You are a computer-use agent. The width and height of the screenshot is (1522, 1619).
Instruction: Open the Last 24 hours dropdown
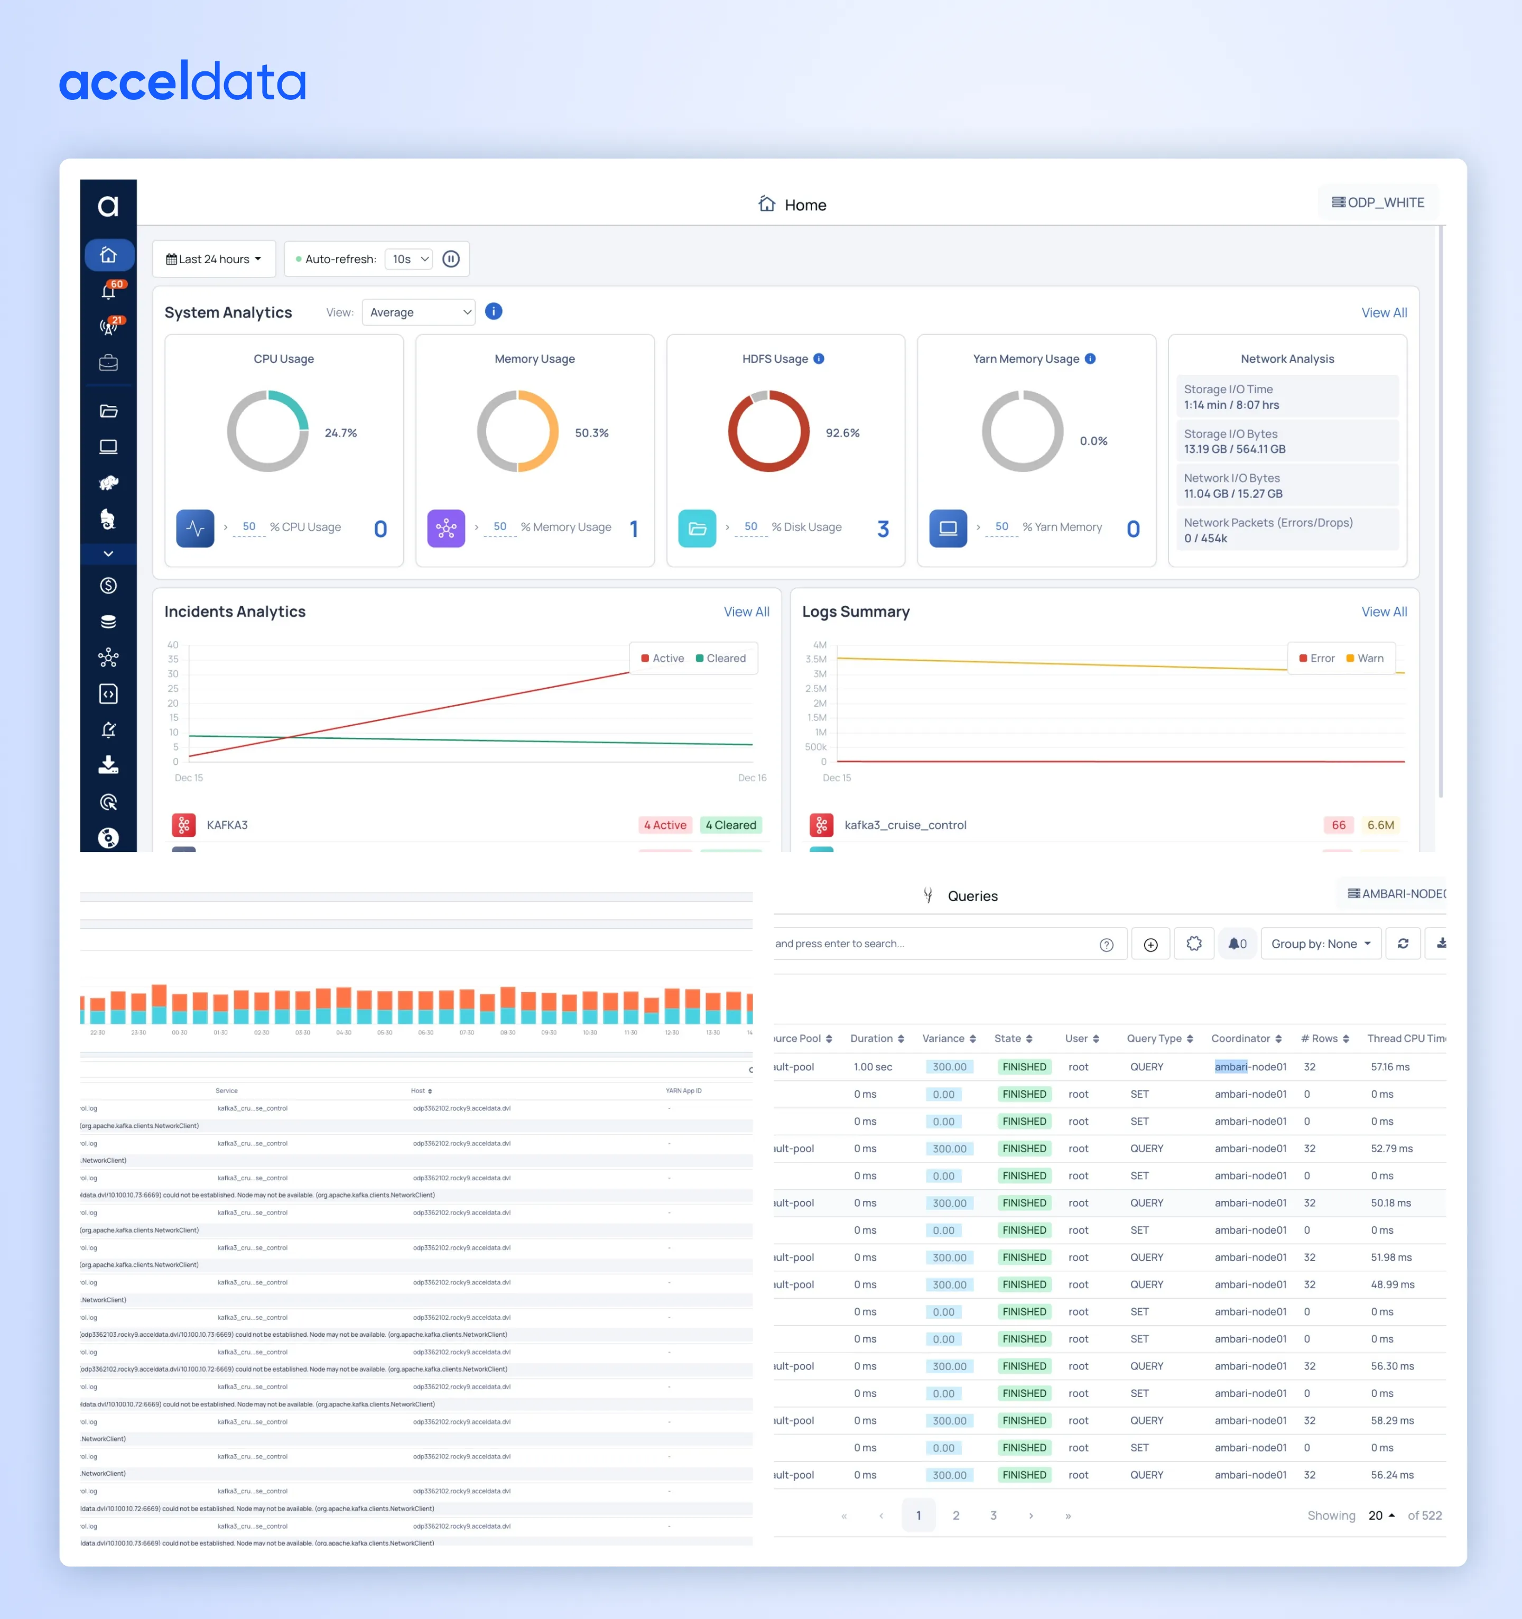click(x=214, y=259)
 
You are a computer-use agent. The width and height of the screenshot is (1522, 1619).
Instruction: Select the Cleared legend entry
click(x=721, y=659)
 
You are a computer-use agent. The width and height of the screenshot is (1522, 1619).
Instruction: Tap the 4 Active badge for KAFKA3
click(x=664, y=825)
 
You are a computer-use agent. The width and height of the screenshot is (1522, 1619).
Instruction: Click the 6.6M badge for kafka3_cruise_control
click(x=1380, y=825)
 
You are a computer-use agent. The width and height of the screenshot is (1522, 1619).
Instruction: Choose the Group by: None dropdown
click(x=1320, y=944)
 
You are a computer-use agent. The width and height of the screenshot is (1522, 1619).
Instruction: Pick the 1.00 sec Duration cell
click(x=872, y=1067)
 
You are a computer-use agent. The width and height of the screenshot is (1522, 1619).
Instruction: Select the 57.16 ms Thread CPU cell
click(x=1389, y=1067)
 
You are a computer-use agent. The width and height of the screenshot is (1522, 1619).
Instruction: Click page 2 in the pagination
click(x=956, y=1515)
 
